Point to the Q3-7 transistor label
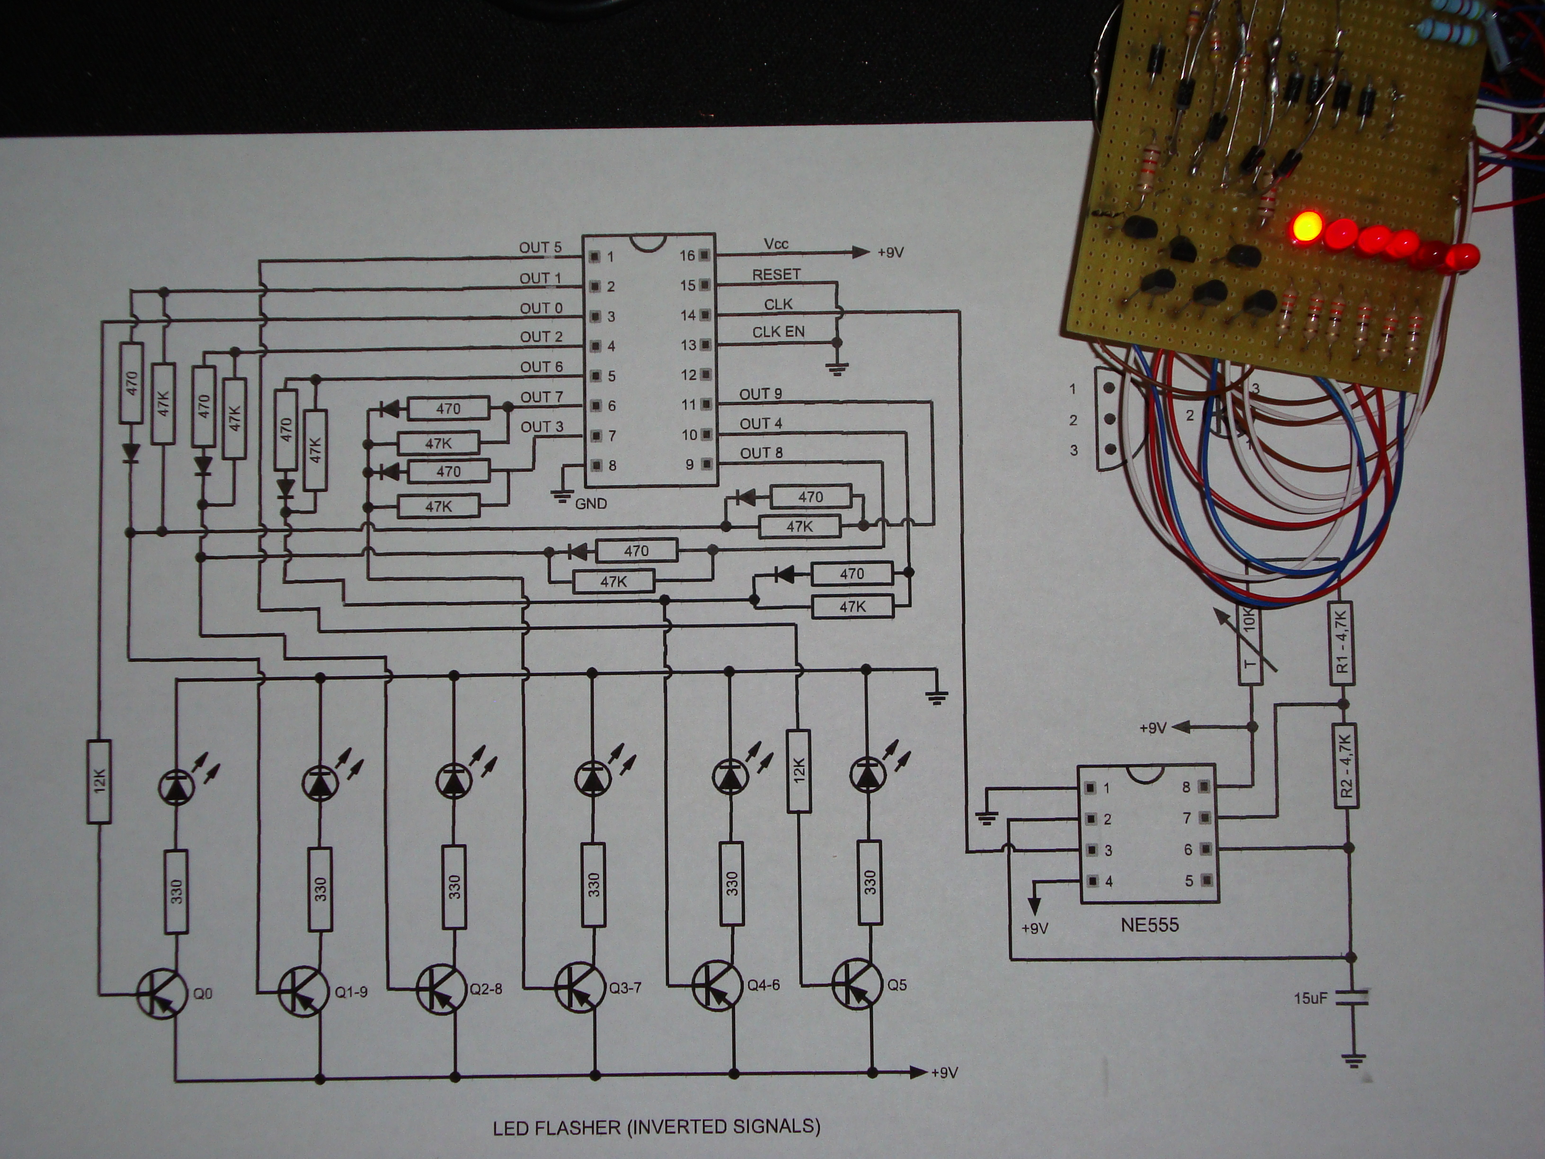[625, 987]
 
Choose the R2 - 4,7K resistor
[1346, 766]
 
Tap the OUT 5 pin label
[540, 247]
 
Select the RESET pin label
[776, 275]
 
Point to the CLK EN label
[778, 332]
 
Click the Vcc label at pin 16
[776, 244]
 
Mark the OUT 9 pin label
[761, 394]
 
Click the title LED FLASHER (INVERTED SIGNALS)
[657, 1126]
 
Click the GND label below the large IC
[591, 503]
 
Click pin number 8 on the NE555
[1186, 787]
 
